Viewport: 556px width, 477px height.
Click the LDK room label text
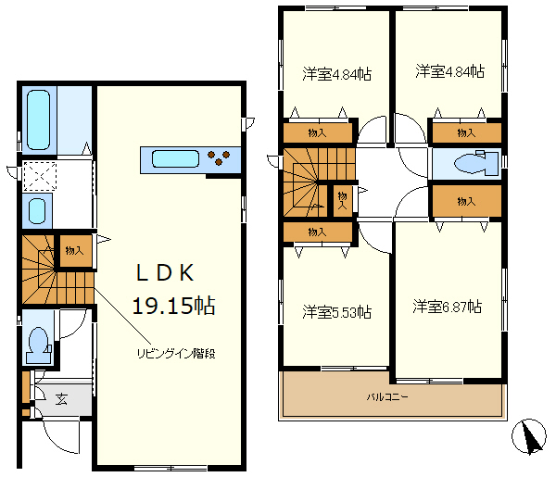click(x=165, y=273)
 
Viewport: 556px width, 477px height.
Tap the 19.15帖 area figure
click(x=174, y=306)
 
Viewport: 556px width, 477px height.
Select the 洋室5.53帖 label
click(x=337, y=312)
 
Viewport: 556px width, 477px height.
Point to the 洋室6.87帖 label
click(x=448, y=307)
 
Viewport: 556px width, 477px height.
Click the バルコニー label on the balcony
click(x=387, y=396)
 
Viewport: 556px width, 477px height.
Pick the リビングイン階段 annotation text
click(x=176, y=353)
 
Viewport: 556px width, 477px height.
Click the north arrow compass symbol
click(x=529, y=436)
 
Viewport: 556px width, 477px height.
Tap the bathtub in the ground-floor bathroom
click(x=38, y=120)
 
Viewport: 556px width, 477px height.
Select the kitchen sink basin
click(x=175, y=158)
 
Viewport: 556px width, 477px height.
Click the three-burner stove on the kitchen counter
click(x=219, y=157)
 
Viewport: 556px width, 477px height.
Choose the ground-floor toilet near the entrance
click(x=38, y=345)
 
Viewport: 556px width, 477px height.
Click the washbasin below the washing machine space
click(x=37, y=211)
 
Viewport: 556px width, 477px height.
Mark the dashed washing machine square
click(x=39, y=176)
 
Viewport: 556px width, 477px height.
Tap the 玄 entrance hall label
click(x=61, y=400)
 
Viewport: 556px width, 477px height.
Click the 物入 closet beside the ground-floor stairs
click(x=75, y=251)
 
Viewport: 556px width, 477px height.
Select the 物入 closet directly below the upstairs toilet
click(x=466, y=201)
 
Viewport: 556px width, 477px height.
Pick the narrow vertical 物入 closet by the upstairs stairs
click(x=342, y=201)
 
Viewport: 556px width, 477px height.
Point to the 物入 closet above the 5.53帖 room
click(x=317, y=232)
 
